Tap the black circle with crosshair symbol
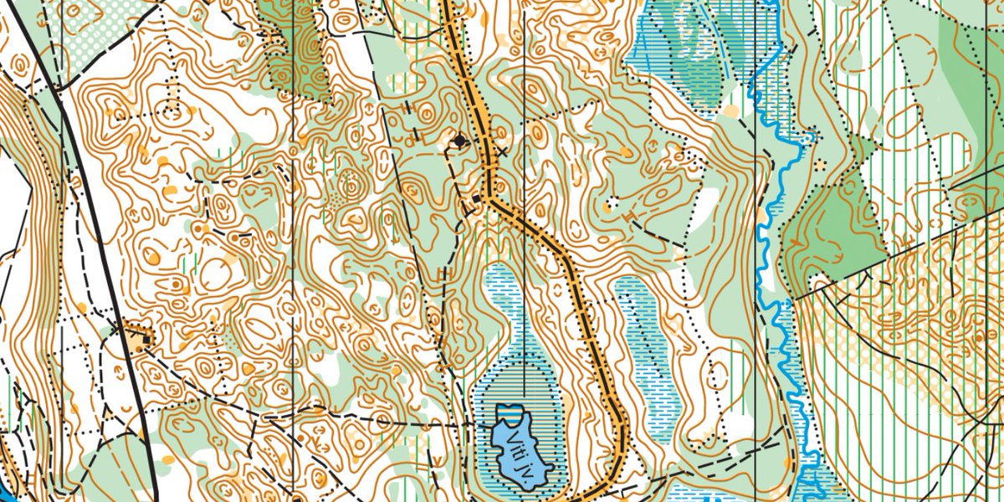(458, 141)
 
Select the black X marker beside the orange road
(502, 151)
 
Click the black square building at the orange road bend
(479, 198)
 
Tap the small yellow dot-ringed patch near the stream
(818, 163)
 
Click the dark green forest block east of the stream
(837, 226)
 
